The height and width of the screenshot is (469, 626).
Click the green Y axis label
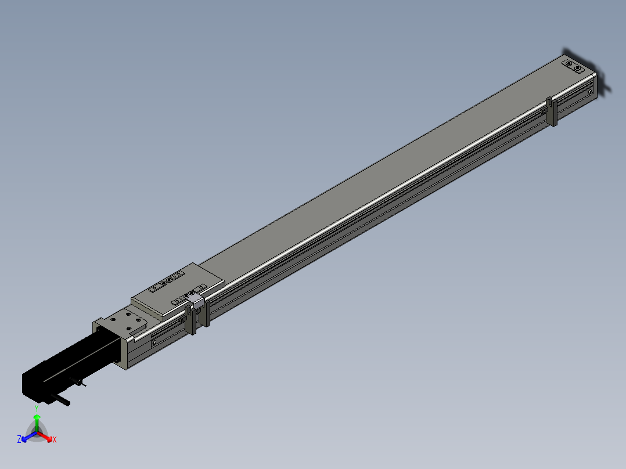(37, 408)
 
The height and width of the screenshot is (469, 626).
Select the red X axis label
(55, 439)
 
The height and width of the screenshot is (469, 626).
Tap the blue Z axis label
(19, 439)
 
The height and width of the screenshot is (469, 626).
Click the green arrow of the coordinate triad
(37, 423)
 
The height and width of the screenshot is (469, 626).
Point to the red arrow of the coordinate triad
(45, 436)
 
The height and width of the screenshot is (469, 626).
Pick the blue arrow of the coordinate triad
(29, 436)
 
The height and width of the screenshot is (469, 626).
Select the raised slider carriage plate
(178, 291)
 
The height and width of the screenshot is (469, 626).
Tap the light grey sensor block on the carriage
(196, 300)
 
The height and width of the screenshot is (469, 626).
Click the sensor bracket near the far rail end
(552, 111)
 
